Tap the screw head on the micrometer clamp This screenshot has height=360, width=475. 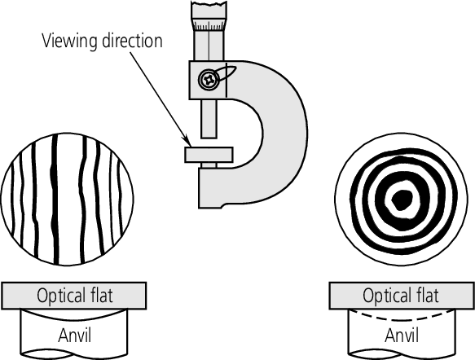[x=207, y=79]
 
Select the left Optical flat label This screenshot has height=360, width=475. [x=75, y=294]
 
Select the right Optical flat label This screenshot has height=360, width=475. [x=400, y=294]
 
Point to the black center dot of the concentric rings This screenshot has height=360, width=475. [x=400, y=199]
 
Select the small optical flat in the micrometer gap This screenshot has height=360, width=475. [x=209, y=154]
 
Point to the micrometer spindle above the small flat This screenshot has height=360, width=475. [x=209, y=119]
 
